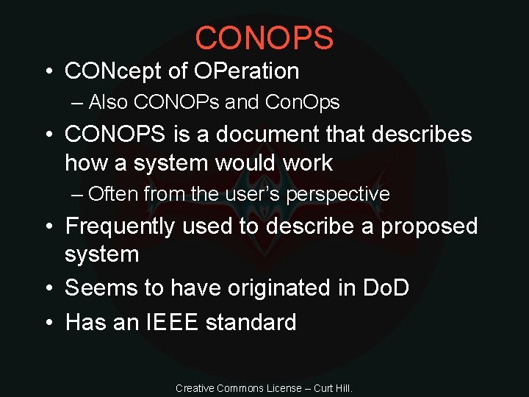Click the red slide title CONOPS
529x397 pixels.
point(264,37)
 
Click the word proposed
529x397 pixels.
point(429,226)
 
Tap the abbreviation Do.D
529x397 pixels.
point(386,288)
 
